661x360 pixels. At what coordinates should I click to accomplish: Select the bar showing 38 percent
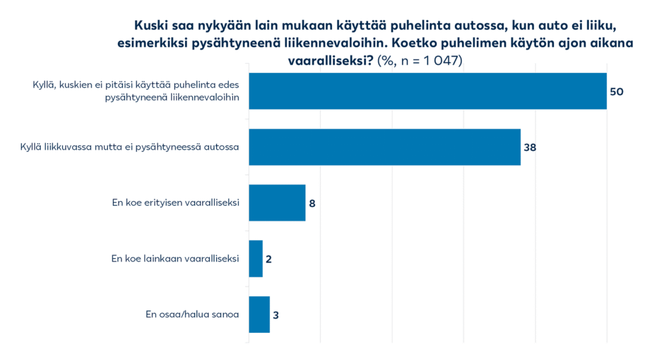[384, 147]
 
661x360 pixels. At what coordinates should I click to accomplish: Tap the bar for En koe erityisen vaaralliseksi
[276, 203]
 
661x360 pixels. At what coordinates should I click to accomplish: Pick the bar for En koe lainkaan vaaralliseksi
[255, 259]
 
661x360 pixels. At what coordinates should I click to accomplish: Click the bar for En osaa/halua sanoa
[258, 315]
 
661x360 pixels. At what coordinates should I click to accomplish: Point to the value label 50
[616, 92]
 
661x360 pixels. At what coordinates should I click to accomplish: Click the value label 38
[530, 147]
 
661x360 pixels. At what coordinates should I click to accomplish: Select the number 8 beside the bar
[312, 203]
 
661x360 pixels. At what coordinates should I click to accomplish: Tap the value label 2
[269, 259]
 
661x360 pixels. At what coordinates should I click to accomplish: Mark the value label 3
[276, 315]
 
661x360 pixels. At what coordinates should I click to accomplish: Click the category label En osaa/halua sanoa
[192, 315]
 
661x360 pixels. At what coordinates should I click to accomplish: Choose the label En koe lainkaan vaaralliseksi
[176, 259]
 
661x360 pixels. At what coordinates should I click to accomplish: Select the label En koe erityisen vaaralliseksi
[176, 203]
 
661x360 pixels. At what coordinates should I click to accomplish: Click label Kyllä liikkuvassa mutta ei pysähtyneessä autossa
[130, 146]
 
